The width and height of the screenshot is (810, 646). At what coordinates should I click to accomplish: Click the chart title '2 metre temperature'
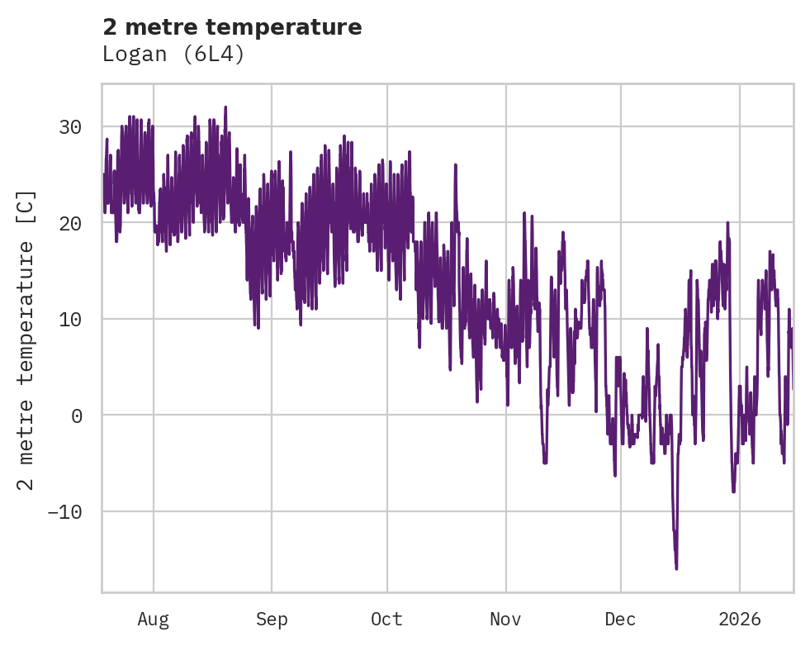click(x=232, y=27)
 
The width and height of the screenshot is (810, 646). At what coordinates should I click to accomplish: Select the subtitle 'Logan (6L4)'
click(x=173, y=55)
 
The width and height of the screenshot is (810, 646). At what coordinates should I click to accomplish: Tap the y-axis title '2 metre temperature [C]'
click(x=26, y=340)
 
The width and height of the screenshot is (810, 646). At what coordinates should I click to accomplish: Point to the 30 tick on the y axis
click(x=70, y=127)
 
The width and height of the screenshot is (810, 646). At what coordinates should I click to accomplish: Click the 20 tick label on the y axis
click(x=70, y=223)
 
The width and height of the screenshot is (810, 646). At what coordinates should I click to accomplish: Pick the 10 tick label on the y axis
click(x=70, y=319)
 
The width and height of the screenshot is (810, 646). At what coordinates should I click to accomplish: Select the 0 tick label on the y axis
click(x=76, y=416)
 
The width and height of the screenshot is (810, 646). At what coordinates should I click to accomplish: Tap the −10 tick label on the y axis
click(x=64, y=511)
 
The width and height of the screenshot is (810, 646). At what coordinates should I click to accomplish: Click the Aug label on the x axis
click(x=153, y=619)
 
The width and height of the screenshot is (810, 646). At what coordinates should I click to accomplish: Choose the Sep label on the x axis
click(x=272, y=619)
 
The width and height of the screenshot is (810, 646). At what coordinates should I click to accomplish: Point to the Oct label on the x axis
click(x=386, y=619)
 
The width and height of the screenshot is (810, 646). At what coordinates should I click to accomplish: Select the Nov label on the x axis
click(x=506, y=619)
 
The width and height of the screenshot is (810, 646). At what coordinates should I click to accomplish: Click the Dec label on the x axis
click(x=620, y=619)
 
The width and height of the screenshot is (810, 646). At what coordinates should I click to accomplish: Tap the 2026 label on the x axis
click(x=739, y=619)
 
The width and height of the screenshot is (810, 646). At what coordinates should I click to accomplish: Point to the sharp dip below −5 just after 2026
click(x=733, y=492)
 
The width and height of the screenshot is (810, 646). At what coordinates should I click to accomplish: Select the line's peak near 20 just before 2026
click(x=727, y=223)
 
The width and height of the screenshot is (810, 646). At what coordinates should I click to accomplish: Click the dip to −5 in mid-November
click(x=545, y=463)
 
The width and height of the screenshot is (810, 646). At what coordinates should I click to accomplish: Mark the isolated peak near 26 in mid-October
click(x=455, y=164)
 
